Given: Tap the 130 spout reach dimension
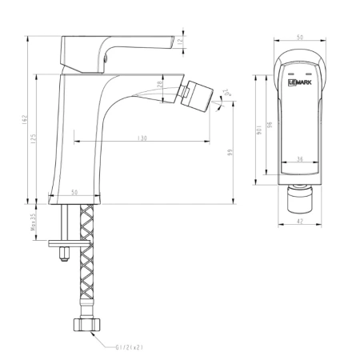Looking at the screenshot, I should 142,138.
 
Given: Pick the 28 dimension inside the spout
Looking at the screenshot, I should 160,85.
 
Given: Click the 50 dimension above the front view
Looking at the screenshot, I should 298,37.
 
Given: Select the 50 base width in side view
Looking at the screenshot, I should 74,193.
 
